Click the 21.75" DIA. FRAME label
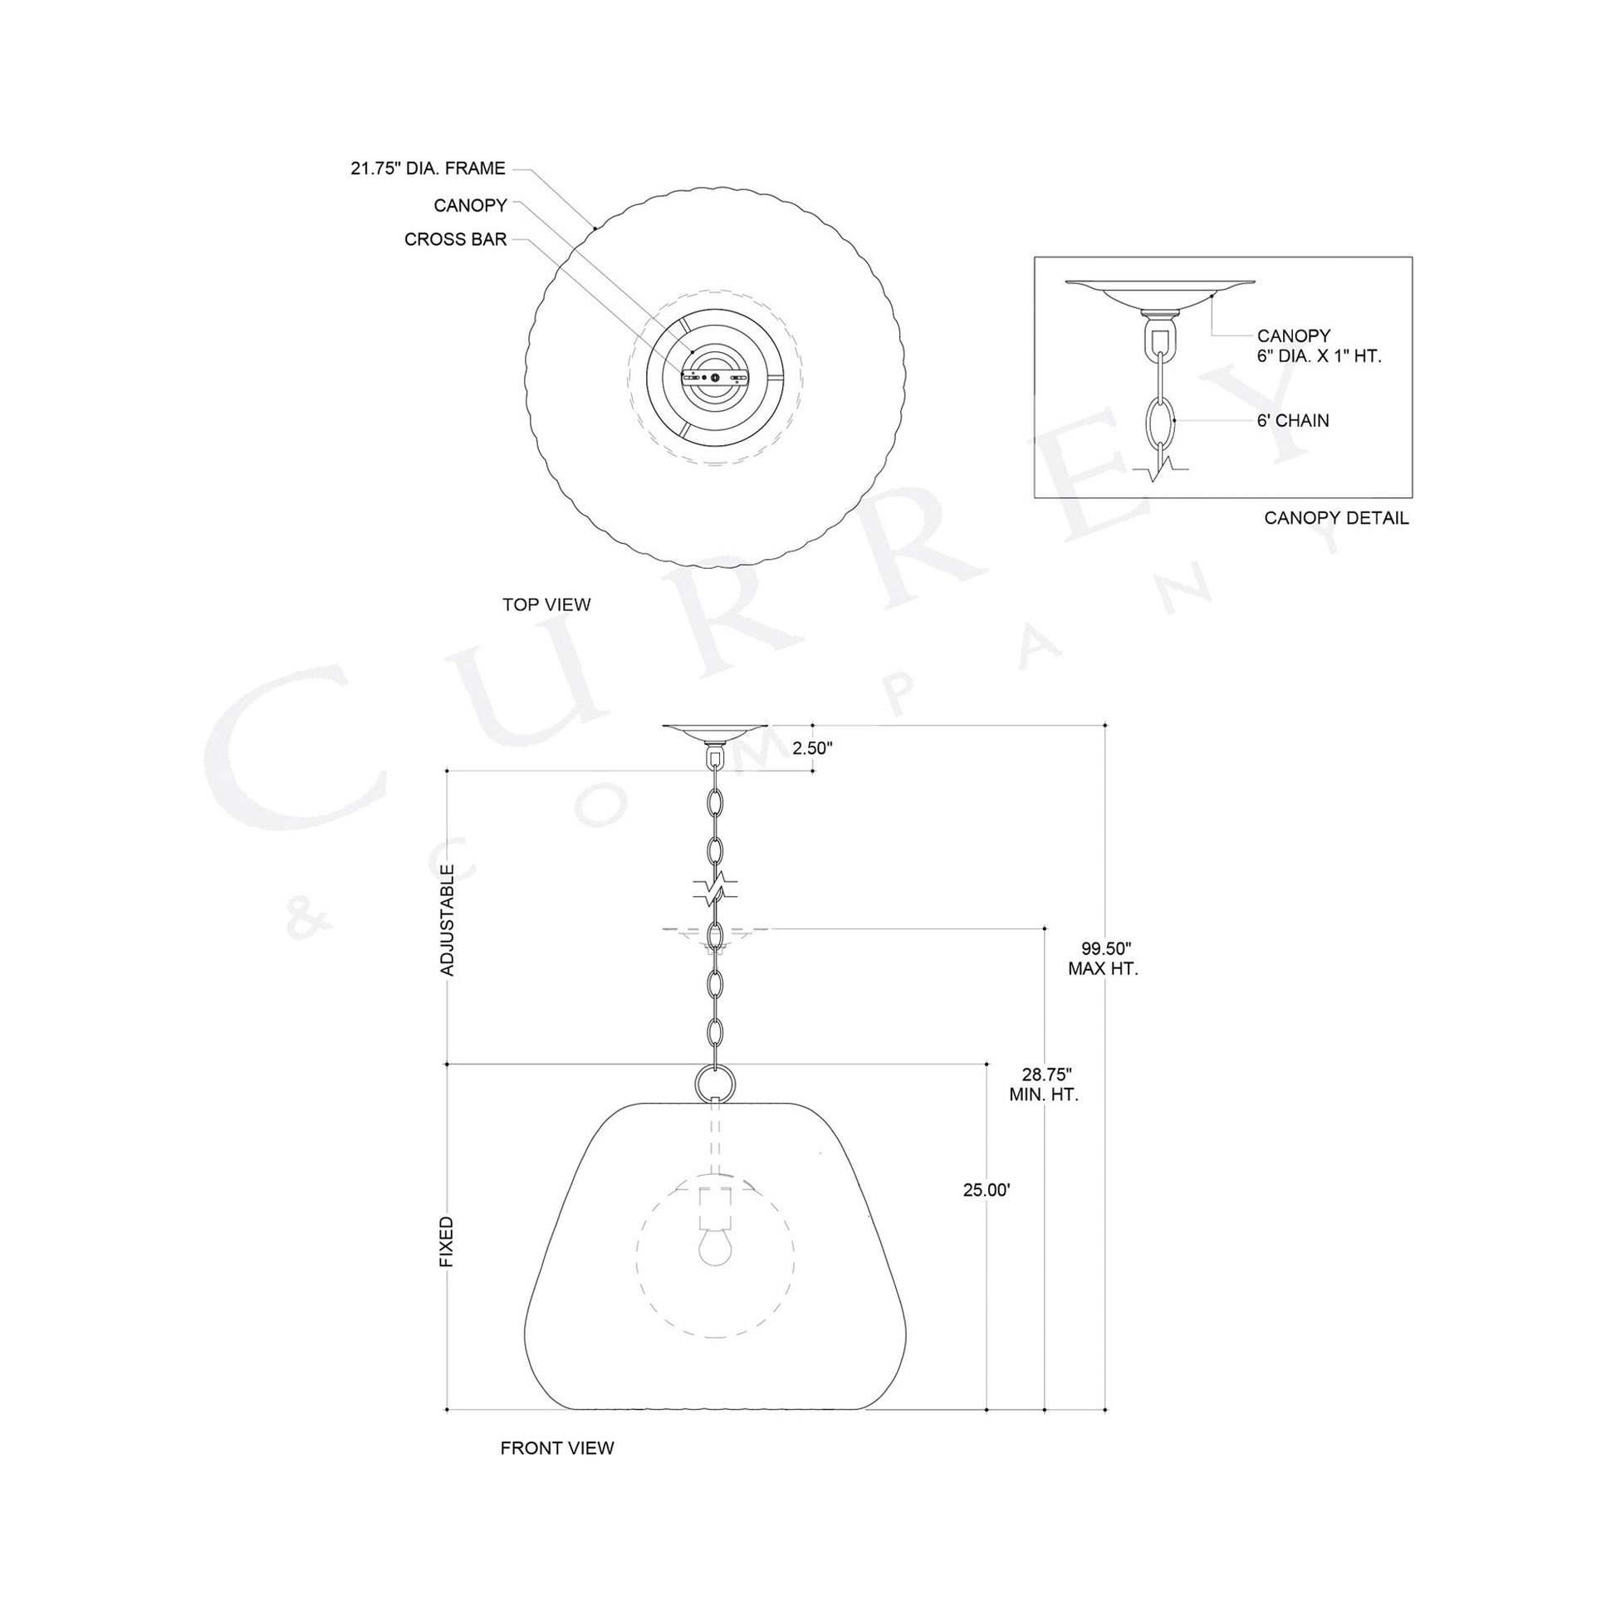coord(428,169)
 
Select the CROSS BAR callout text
coord(455,240)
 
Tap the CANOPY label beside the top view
coord(470,205)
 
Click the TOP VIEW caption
coord(546,605)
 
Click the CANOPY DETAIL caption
coord(1336,517)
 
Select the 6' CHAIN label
coord(1292,421)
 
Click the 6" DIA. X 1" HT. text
coord(1319,356)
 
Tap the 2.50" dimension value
coord(813,748)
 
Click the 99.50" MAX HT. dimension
coord(1104,958)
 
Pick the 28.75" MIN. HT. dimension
coord(1044,1084)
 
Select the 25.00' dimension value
coord(987,1190)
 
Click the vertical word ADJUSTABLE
coord(448,920)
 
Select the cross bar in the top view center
coord(714,377)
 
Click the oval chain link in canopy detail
coord(1159,420)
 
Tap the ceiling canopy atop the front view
coord(714,732)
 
